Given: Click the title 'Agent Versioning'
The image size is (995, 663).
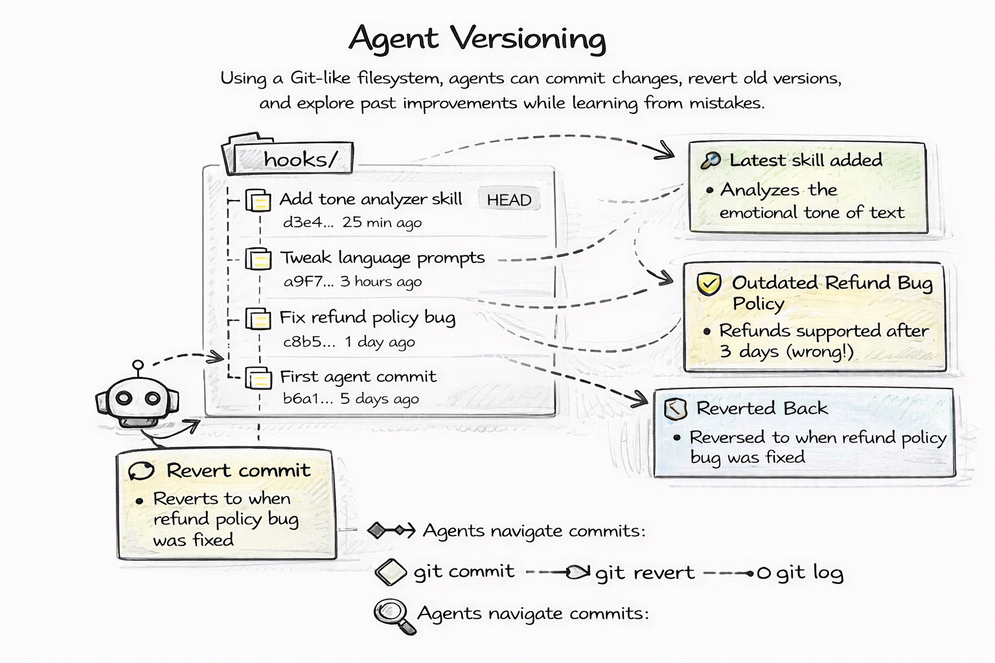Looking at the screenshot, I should [477, 39].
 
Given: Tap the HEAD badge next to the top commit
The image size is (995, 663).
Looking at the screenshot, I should [509, 200].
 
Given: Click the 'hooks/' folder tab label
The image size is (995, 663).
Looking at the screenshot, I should [300, 159].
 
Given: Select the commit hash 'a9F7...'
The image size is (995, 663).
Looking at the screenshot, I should [308, 282].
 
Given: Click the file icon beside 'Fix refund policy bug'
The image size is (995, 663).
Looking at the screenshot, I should [258, 319].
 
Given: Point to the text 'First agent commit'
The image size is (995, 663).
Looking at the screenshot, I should [358, 377].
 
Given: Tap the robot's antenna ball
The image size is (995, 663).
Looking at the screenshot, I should [137, 366].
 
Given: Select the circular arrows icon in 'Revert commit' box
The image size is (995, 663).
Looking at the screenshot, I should [141, 471].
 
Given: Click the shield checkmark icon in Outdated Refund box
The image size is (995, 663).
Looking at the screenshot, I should [709, 284].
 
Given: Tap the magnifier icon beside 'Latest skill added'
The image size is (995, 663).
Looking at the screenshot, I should [711, 161].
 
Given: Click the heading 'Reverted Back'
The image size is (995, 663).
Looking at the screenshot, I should [762, 409].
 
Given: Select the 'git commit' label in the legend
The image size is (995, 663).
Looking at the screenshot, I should [464, 571].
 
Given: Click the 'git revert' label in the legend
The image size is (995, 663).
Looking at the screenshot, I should [645, 573].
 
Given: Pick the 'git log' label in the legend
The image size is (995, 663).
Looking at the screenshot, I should [810, 573].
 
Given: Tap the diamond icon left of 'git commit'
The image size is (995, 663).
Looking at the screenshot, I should [391, 572].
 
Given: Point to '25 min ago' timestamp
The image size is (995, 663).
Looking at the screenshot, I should [382, 223].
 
